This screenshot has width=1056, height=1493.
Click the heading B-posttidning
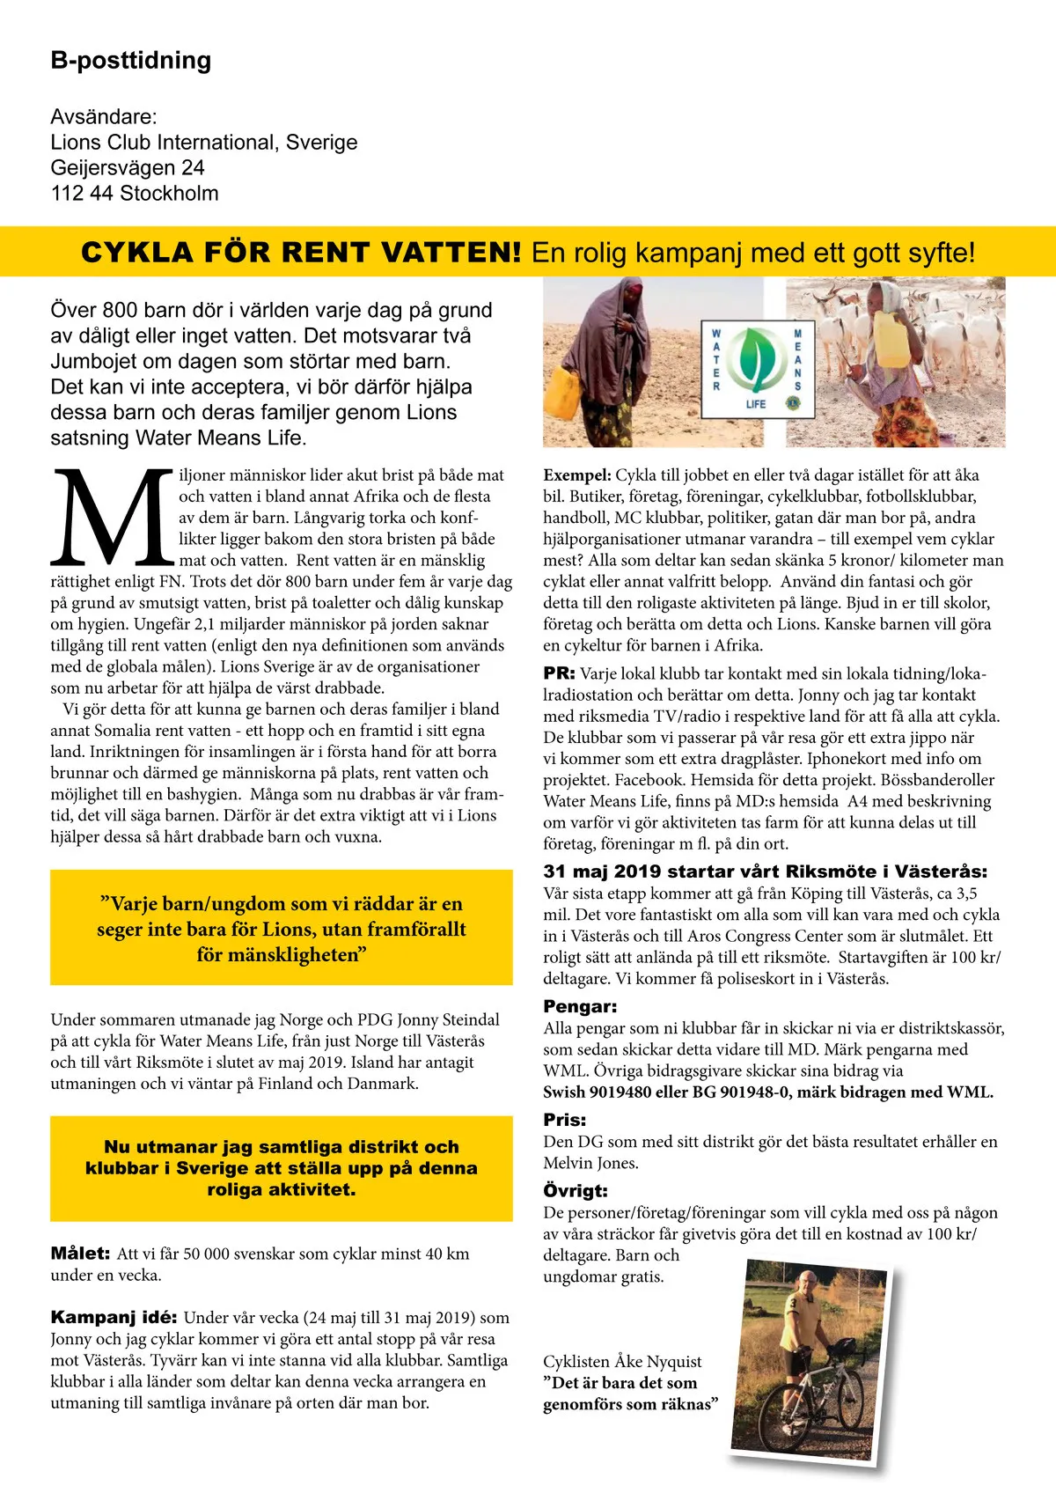(x=131, y=61)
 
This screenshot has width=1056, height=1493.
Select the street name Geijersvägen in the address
(x=102, y=168)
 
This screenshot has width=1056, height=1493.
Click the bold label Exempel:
(x=576, y=475)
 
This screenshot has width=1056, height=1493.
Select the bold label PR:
(x=559, y=673)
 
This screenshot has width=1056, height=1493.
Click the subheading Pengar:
(x=580, y=1006)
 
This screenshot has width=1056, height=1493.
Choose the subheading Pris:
(x=564, y=1120)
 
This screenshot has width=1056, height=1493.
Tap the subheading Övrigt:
(x=575, y=1191)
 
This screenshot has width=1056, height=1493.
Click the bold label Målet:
(x=80, y=1254)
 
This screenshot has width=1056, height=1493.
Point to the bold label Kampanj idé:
(x=114, y=1318)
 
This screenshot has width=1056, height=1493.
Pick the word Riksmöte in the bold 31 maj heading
(x=826, y=872)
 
